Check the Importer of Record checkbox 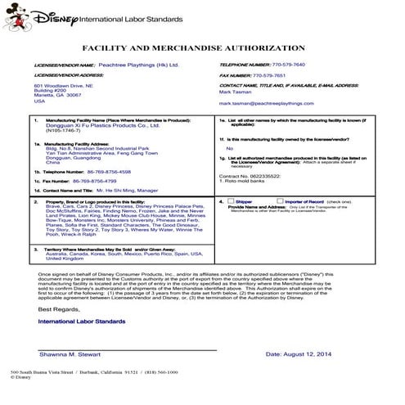(272, 200)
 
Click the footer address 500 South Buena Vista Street (45, 395)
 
